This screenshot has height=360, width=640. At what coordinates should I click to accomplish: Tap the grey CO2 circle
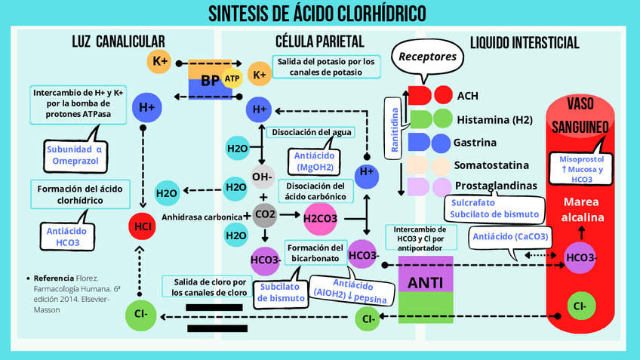tap(265, 214)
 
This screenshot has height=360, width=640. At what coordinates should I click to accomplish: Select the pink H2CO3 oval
tap(320, 219)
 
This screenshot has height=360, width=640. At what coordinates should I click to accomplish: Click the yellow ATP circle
tap(232, 78)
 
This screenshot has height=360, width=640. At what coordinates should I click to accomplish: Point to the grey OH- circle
tap(262, 177)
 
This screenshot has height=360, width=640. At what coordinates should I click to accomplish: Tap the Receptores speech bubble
tap(427, 57)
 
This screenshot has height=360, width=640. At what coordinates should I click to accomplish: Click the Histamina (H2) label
tap(494, 119)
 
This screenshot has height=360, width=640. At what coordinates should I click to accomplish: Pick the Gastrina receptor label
tap(475, 142)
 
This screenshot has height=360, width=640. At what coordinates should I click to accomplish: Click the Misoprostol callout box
tap(581, 169)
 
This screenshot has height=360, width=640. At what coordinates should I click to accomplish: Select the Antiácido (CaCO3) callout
tap(510, 236)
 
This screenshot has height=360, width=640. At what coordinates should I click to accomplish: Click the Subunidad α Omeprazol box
tap(72, 155)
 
